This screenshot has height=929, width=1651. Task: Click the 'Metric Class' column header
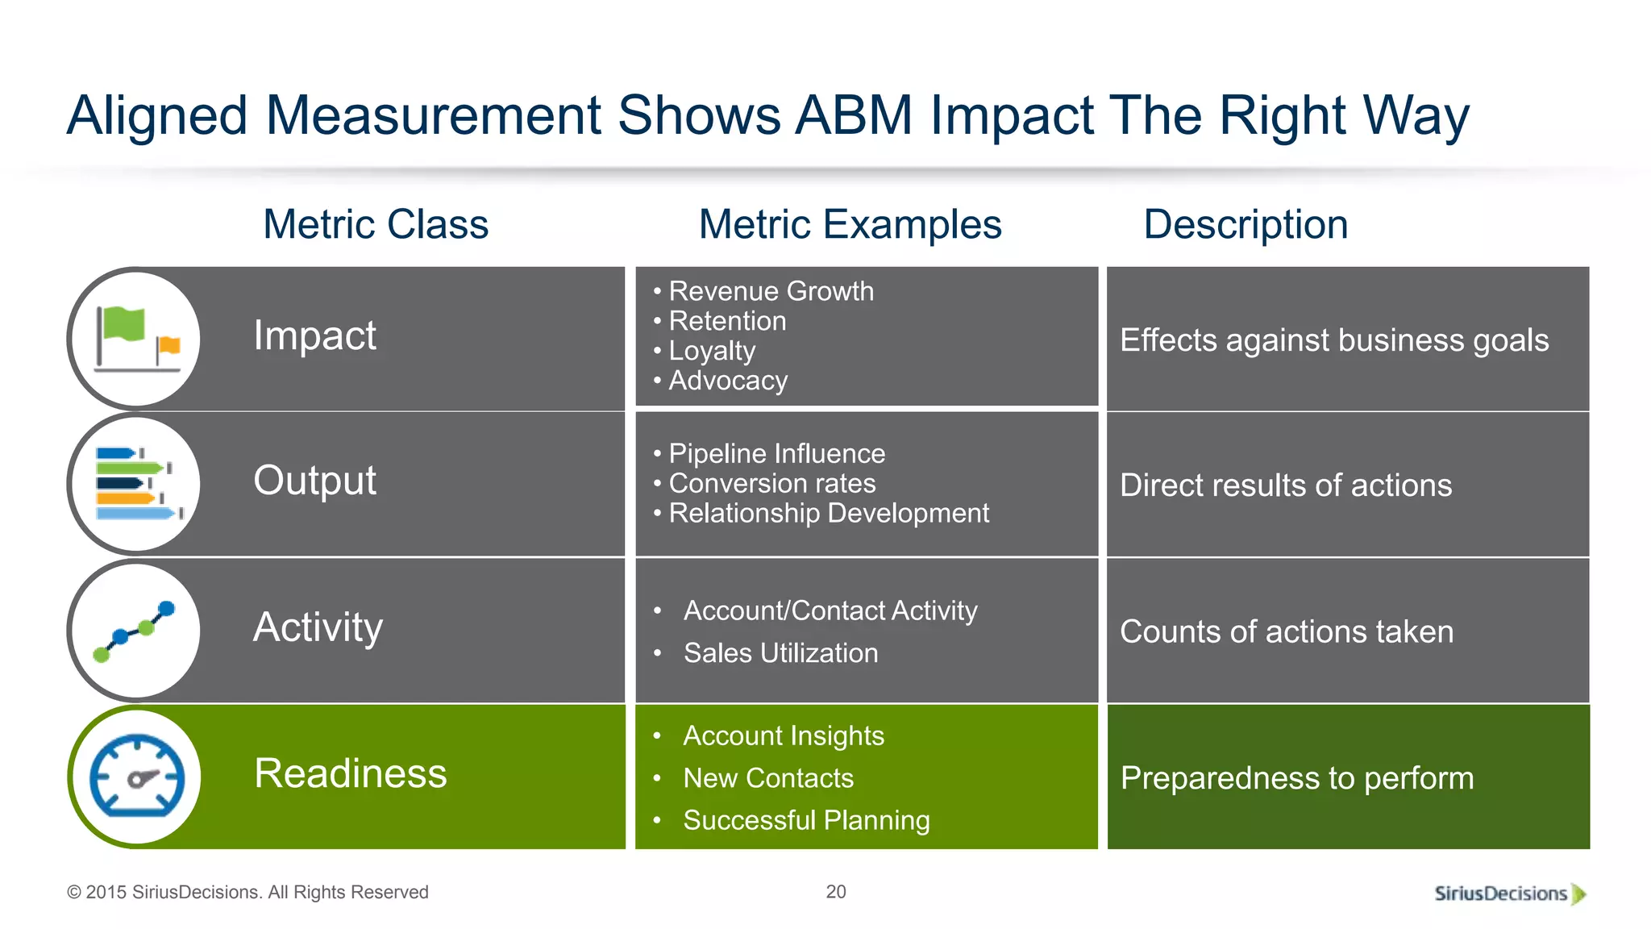376,224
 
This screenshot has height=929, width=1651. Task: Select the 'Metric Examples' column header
850,224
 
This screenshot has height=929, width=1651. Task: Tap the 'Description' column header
1246,224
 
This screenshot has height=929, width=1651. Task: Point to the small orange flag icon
168,346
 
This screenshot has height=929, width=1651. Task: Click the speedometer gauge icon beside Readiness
137,776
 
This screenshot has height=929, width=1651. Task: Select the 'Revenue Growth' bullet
771,291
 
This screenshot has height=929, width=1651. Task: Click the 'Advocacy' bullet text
728,381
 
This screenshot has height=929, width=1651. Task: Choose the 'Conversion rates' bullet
771,483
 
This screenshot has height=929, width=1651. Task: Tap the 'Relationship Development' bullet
828,513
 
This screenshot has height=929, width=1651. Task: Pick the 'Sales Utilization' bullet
780,653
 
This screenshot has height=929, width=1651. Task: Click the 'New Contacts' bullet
767,778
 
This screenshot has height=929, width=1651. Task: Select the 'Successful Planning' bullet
806,820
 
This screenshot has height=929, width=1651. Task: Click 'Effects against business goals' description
1334,340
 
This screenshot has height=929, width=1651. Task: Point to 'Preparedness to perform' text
1297,778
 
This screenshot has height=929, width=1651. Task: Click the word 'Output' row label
314,481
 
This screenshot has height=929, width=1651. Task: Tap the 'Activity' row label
318,627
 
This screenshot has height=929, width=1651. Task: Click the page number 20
836,892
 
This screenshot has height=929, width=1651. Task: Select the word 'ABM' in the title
854,115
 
